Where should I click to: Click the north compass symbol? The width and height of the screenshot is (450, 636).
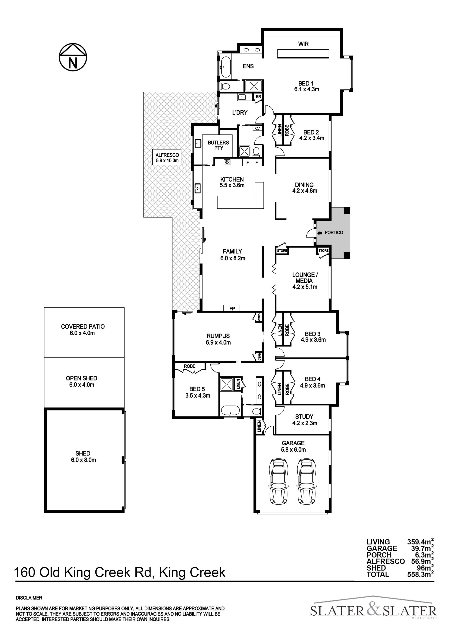pos(73,57)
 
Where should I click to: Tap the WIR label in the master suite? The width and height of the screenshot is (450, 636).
pos(304,44)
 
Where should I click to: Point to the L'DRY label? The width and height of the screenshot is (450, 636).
pos(240,112)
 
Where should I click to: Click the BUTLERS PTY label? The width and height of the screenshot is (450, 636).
pos(218,145)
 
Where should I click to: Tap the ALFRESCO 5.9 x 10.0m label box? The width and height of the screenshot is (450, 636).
pos(167,158)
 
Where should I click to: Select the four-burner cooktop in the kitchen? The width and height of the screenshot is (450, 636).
pos(227,162)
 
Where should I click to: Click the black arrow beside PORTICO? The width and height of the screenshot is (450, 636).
pos(319,233)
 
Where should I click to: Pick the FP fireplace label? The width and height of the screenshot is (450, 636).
pos(232,308)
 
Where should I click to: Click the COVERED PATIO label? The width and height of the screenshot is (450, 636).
pos(83,330)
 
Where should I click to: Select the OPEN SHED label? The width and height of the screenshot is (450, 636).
pos(82,381)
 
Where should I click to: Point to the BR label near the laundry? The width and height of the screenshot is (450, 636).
pos(258,97)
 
